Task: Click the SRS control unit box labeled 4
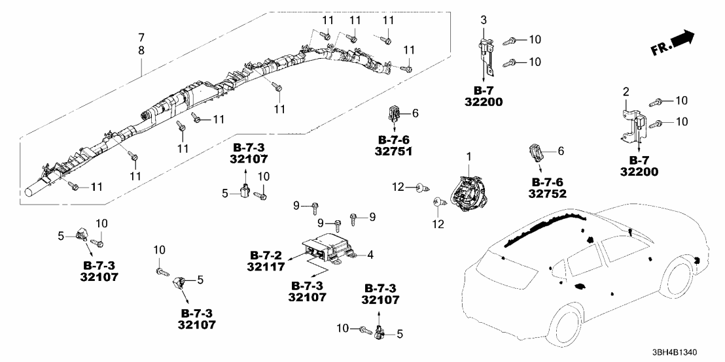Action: pos(325,251)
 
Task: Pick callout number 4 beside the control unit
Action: pos(370,255)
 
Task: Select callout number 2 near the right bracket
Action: pos(625,91)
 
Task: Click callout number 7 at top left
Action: pos(141,36)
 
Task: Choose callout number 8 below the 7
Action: pos(141,50)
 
